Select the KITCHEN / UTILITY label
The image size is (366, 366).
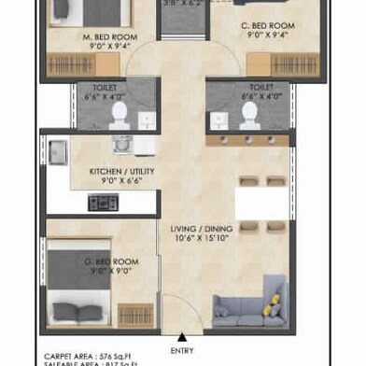pyautogui.click(x=121, y=172)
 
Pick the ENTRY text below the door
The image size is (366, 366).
pyautogui.click(x=183, y=350)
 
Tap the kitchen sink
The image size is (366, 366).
pyautogui.click(x=58, y=150)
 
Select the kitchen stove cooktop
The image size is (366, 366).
pyautogui.click(x=101, y=202)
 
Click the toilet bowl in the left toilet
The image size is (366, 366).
pyautogui.click(x=119, y=116)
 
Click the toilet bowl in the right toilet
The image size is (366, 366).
pyautogui.click(x=248, y=116)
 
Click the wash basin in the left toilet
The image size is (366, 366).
pyautogui.click(x=147, y=119)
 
